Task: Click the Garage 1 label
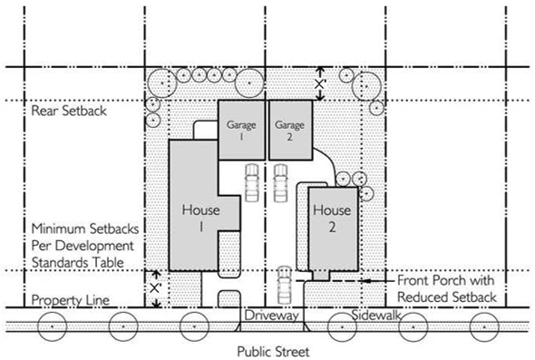(x=241, y=131)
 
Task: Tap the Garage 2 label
(x=289, y=131)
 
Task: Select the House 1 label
(x=201, y=218)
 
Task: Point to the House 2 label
(x=332, y=218)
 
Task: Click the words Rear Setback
(x=69, y=111)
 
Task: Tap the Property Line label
(x=71, y=300)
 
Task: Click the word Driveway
(x=272, y=316)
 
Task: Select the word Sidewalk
(x=376, y=315)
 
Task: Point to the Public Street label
(x=273, y=352)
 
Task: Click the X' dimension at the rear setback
(x=320, y=84)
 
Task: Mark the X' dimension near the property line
(x=155, y=288)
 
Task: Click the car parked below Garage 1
(x=252, y=182)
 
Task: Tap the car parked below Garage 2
(x=280, y=182)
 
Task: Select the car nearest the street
(x=284, y=286)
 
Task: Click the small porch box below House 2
(x=321, y=276)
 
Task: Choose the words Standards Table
(x=78, y=263)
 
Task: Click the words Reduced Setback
(x=447, y=297)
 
